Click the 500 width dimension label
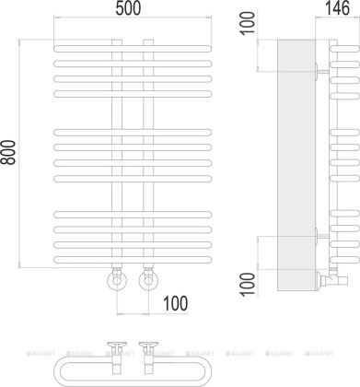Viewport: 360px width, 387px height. (x=130, y=10)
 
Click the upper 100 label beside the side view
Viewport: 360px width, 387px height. (x=244, y=22)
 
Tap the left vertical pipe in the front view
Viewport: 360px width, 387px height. (x=114, y=157)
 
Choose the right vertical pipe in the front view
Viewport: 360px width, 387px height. (x=145, y=157)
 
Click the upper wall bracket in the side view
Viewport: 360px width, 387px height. (x=318, y=68)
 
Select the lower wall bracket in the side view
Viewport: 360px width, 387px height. (x=318, y=236)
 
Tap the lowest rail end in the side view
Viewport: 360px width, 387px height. (x=342, y=261)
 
